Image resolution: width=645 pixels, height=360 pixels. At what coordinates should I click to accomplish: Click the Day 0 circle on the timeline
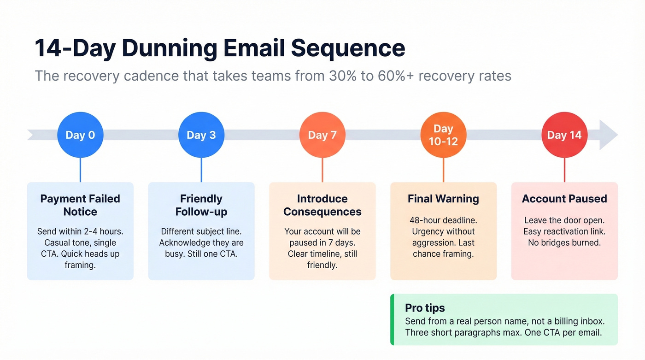point(80,135)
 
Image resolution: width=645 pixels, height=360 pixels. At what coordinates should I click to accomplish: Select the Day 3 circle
point(201,135)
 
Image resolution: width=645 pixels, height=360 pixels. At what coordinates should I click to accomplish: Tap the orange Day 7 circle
point(322,135)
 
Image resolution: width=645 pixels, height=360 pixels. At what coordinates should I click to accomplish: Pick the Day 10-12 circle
point(443,135)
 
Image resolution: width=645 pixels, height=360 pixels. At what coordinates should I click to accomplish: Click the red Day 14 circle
point(564,135)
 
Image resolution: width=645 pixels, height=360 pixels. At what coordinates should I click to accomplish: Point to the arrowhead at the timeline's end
point(609,135)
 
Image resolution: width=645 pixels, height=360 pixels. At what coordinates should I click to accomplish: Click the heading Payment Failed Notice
point(80,205)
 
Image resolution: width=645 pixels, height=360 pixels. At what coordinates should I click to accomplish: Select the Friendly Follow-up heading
point(201,205)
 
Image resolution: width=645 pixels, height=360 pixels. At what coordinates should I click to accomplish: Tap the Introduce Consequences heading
point(322,205)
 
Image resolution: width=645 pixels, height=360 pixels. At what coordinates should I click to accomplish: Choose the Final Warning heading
point(443,199)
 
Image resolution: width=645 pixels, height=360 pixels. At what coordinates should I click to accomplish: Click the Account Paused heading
point(564,199)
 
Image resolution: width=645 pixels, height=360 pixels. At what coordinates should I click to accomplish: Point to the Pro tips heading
point(425,308)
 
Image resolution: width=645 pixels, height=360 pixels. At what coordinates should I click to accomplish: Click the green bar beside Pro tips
point(392,319)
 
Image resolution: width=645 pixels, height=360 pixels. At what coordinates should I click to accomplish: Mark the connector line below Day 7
point(322,170)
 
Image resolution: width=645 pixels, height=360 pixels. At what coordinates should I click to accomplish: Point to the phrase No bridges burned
point(564,242)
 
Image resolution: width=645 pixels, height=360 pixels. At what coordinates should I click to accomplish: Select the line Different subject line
point(201,231)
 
